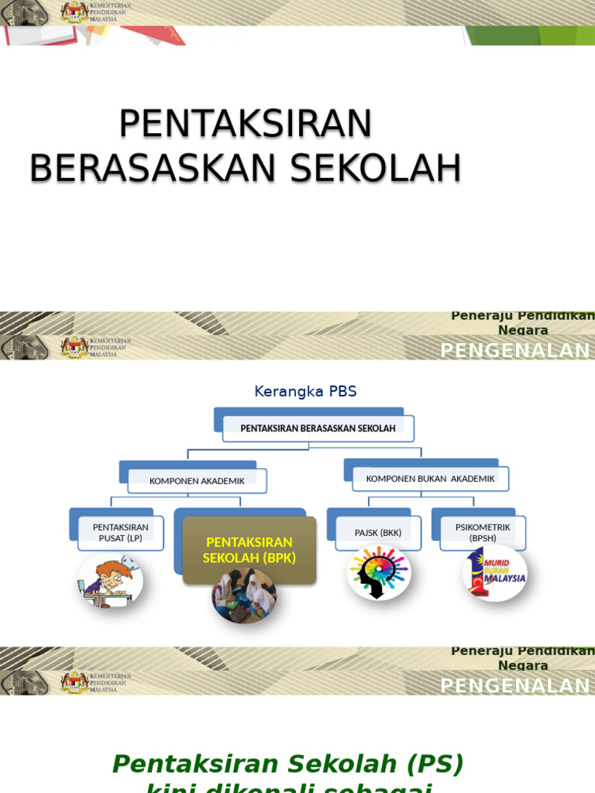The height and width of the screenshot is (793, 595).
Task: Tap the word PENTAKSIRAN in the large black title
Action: click(246, 124)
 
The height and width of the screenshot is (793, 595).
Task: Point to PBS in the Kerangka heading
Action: click(342, 392)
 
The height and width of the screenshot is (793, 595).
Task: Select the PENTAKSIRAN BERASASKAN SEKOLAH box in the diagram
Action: click(318, 428)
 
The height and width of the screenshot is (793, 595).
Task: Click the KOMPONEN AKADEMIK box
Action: click(197, 481)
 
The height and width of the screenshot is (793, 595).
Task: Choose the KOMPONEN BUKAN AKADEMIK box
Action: click(430, 479)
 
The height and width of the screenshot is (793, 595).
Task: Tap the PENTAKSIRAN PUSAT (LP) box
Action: click(121, 533)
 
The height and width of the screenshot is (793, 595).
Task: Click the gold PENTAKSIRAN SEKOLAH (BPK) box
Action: click(249, 549)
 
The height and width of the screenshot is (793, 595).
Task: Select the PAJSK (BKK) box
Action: click(377, 533)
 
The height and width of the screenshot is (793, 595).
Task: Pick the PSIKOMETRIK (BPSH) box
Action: click(483, 533)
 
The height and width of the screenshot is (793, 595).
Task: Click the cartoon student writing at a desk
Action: click(110, 581)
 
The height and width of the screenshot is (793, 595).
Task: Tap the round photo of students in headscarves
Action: click(244, 596)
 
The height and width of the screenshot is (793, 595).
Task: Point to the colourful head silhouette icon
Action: click(378, 573)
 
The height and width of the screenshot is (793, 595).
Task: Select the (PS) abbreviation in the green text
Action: click(435, 764)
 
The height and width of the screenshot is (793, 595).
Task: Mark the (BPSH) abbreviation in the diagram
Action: click(483, 538)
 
